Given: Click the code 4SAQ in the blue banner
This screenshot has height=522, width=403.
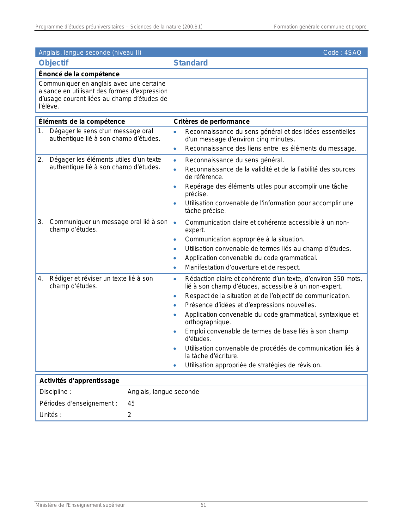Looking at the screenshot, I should tap(353, 53).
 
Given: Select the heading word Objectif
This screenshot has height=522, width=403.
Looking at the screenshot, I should tap(53, 63).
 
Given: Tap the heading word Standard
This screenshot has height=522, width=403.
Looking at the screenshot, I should tap(191, 63).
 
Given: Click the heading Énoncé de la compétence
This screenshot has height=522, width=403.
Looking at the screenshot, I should tap(79, 74).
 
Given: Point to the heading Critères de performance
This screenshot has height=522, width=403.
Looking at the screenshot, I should tap(211, 121).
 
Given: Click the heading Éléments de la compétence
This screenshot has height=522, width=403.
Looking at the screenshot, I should tap(82, 121).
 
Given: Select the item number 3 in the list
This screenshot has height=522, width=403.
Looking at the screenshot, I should tap(40, 222).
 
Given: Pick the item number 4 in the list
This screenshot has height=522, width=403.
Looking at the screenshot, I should tap(40, 279).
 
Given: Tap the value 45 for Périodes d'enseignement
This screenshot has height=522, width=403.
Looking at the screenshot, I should tap(131, 403).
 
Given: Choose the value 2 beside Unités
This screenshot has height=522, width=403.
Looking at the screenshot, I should tap(129, 415).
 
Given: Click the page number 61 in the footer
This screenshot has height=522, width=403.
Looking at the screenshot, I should tap(203, 505).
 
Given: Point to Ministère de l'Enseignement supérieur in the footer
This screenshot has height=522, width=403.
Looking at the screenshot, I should tap(80, 505).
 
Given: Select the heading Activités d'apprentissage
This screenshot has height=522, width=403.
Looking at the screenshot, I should tap(79, 381).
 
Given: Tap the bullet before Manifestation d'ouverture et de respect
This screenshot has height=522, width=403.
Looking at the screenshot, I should tap(175, 268).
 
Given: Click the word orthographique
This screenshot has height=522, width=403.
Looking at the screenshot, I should tap(208, 322).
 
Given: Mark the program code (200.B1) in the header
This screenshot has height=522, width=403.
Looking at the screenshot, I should tap(192, 27).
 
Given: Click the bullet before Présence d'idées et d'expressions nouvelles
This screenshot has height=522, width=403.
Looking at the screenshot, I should tap(175, 305).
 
